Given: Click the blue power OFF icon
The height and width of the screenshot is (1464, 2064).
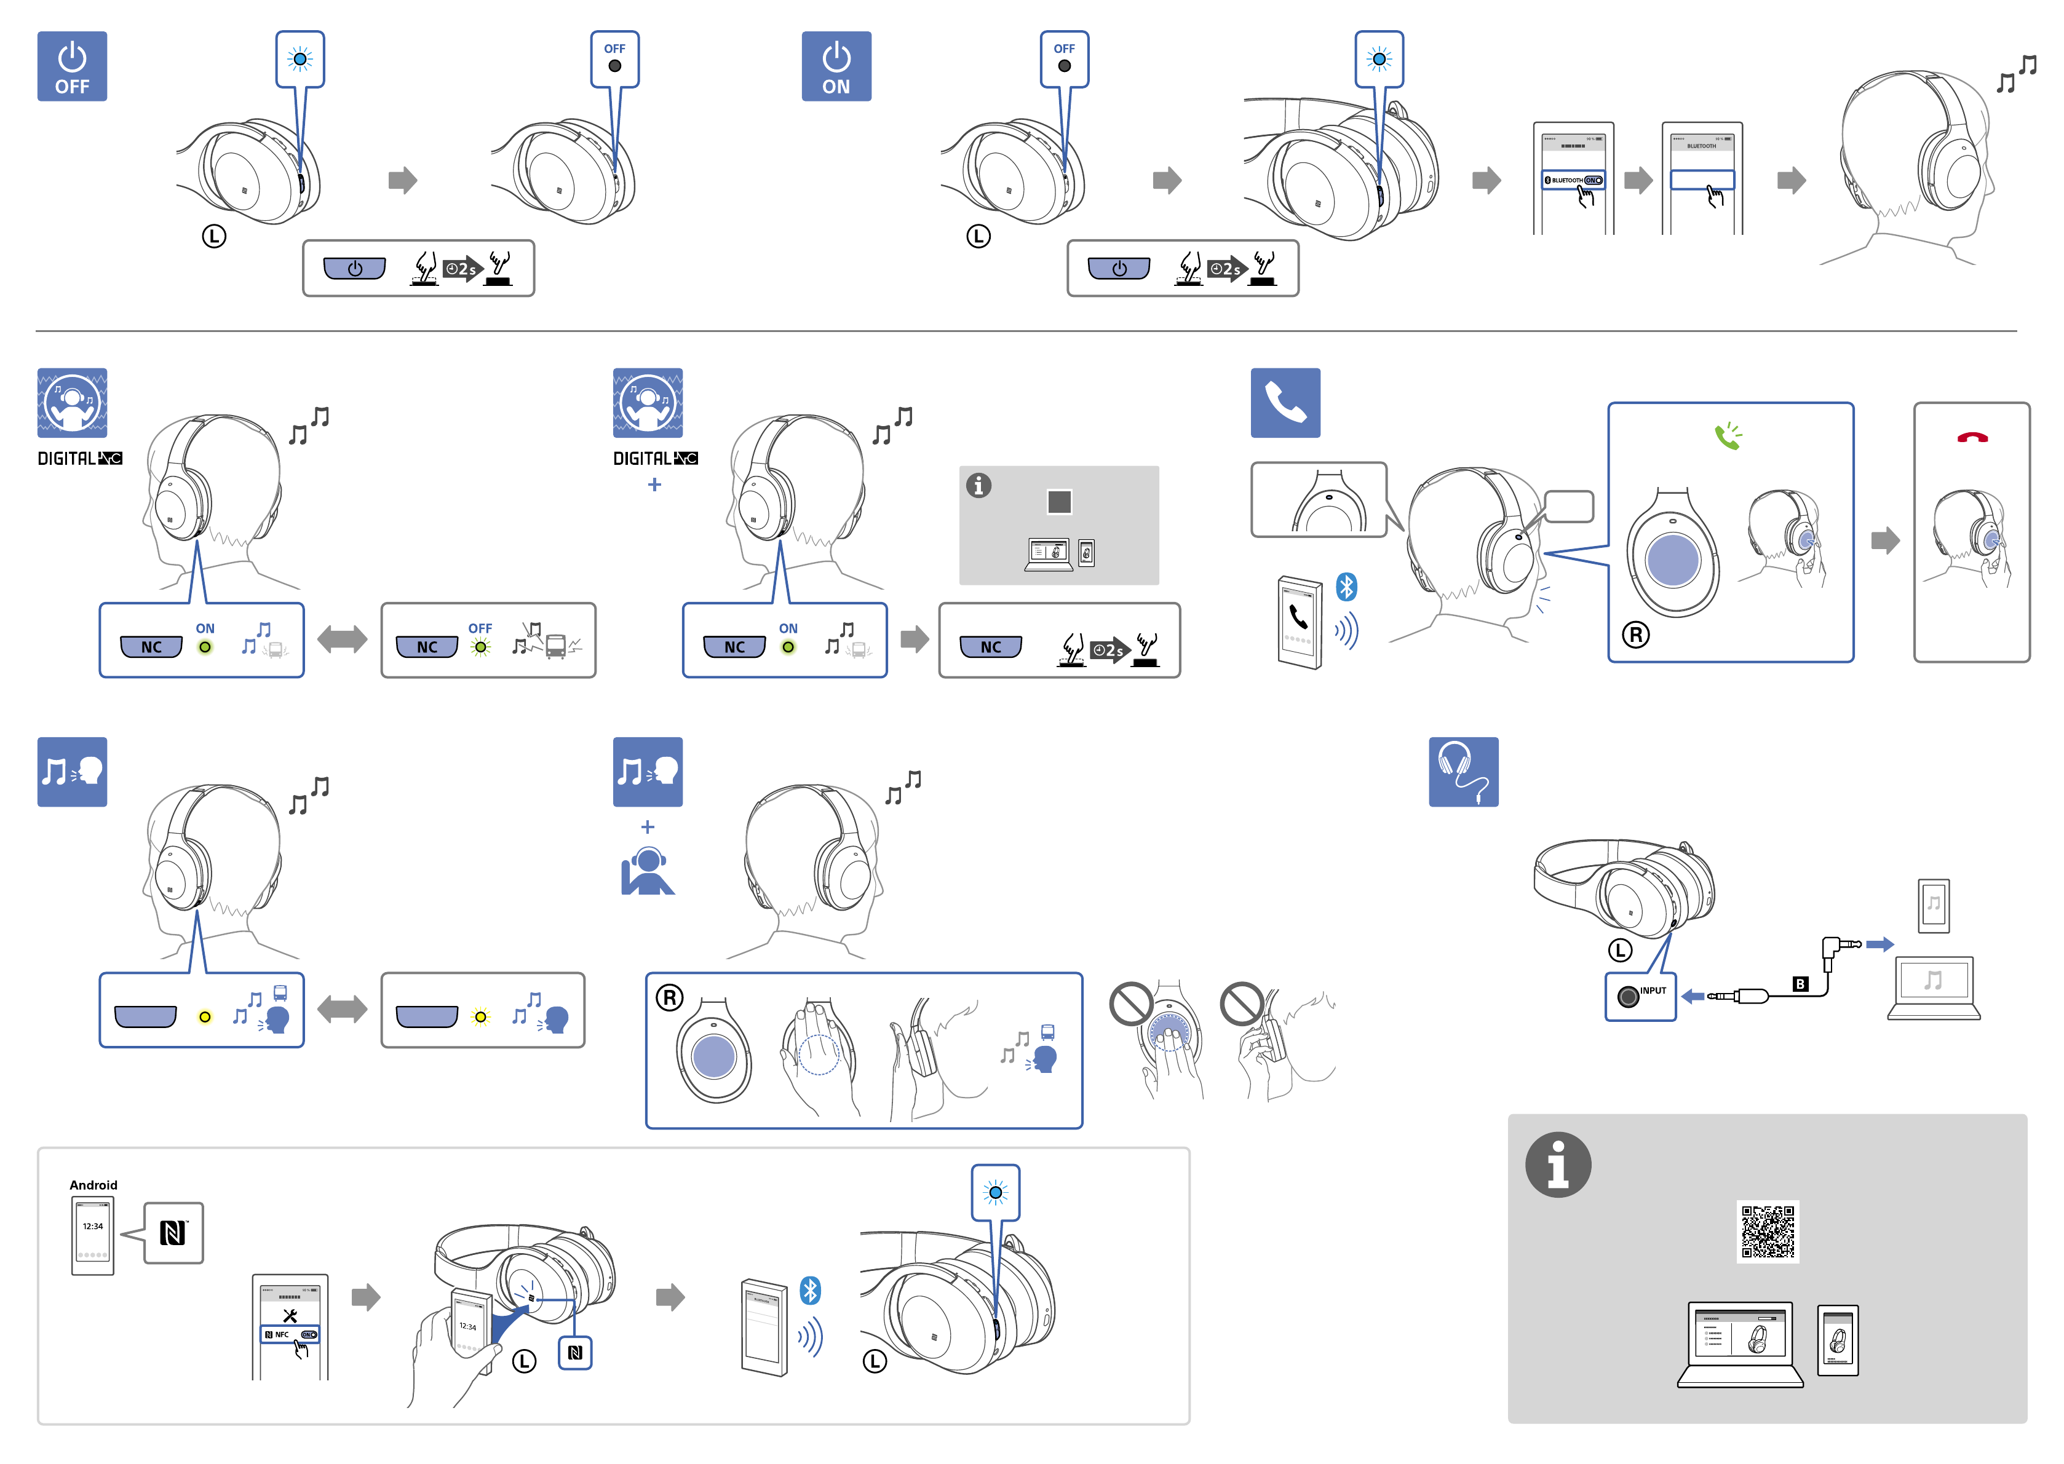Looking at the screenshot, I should click(x=71, y=66).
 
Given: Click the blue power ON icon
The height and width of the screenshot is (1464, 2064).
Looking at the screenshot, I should click(x=836, y=66).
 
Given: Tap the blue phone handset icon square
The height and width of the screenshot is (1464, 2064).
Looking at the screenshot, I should click(x=1285, y=403).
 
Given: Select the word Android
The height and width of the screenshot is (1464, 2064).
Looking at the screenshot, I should click(x=93, y=1184).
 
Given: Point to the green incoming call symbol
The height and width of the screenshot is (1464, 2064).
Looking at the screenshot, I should click(x=1728, y=437).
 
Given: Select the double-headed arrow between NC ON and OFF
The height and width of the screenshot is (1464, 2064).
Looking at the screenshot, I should click(x=343, y=640).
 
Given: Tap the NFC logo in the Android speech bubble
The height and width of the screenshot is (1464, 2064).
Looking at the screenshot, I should click(x=173, y=1232).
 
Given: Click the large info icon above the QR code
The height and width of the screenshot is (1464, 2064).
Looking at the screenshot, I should click(x=1557, y=1165).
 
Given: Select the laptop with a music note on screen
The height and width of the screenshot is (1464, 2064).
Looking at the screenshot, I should click(x=1933, y=987).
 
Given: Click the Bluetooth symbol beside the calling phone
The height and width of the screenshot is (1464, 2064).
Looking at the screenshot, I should click(x=1346, y=587).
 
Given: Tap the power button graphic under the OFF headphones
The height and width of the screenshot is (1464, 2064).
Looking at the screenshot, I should click(x=354, y=269).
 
